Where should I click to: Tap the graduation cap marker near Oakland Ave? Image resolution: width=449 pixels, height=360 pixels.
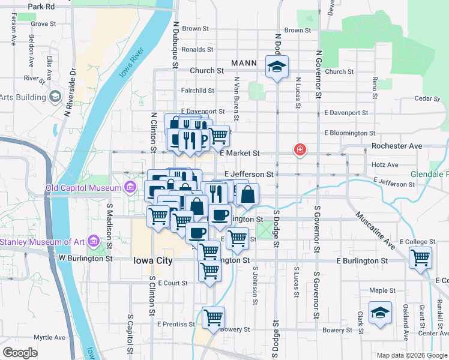tap(380, 313)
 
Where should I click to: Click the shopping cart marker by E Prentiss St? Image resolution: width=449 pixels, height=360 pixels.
tap(213, 318)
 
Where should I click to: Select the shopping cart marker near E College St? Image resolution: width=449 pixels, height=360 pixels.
tap(420, 258)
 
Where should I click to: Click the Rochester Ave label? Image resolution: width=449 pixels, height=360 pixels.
tap(397, 146)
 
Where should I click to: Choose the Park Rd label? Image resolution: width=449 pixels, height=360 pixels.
tap(41, 6)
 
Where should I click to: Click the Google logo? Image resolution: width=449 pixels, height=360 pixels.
tap(20, 353)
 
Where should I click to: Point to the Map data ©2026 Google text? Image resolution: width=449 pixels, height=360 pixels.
tap(411, 355)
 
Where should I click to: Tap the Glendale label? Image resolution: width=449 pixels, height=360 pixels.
tap(430, 175)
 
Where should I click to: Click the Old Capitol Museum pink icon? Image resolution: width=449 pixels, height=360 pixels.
tap(130, 188)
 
